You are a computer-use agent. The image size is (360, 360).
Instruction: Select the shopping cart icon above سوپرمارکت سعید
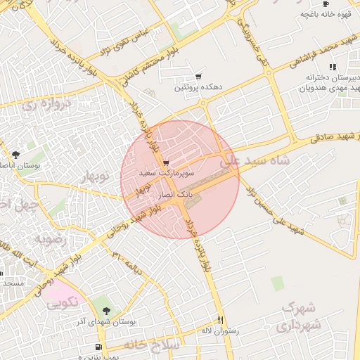(165, 162)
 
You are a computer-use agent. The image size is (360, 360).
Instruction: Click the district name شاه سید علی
(255, 161)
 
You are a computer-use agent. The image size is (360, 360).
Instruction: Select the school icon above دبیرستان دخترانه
(331, 67)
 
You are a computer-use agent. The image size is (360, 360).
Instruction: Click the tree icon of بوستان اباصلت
(15, 154)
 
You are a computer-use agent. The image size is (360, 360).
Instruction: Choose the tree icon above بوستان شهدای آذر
(106, 310)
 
